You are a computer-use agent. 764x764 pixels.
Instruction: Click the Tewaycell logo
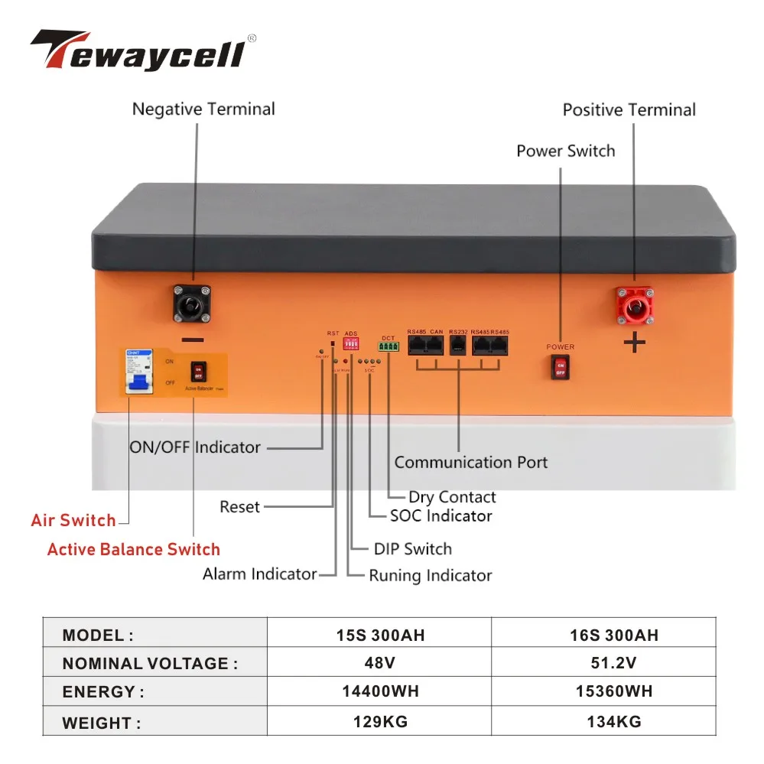point(142,51)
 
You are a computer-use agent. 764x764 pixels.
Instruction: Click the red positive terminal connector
point(633,304)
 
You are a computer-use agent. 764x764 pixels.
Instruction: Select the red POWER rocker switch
point(561,367)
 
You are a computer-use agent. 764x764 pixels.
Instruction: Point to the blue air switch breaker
point(139,372)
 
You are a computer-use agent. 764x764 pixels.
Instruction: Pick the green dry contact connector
point(389,346)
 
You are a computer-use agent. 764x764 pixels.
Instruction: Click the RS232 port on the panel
point(458,346)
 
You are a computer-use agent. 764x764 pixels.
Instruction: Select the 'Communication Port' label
point(470,462)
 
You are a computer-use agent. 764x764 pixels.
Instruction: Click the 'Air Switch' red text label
point(73,521)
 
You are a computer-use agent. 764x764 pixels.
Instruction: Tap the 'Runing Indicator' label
point(430,576)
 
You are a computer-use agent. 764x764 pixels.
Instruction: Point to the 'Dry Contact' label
point(452,497)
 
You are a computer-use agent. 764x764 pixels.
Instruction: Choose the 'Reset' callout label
point(239,506)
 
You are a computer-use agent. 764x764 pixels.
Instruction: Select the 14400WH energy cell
point(380,692)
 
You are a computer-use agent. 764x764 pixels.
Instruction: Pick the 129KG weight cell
point(380,721)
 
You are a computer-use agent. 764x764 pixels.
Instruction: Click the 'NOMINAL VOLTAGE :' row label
point(150,664)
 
